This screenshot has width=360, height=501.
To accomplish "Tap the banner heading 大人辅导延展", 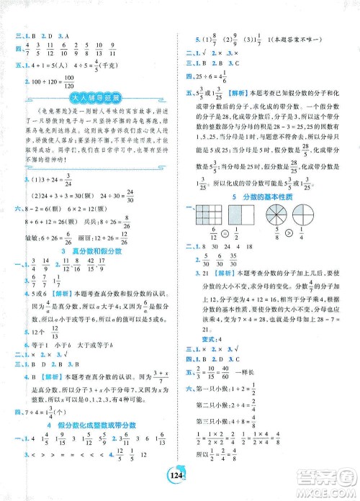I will point(90,99).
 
